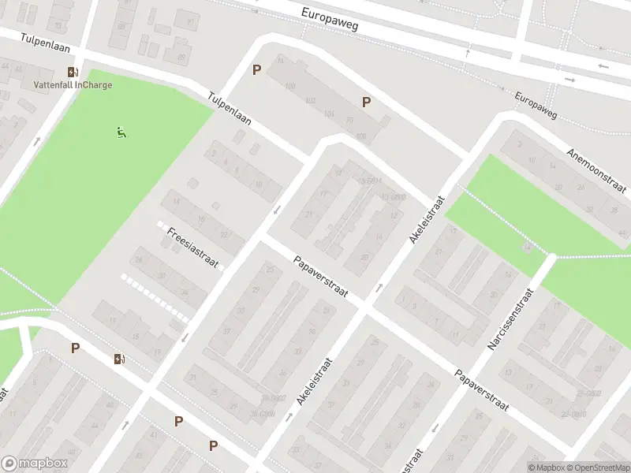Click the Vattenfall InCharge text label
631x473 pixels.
pyautogui.click(x=73, y=85)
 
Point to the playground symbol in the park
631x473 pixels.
pyautogui.click(x=121, y=133)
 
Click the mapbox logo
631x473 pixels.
pyautogui.click(x=35, y=464)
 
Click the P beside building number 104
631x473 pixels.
pyautogui.click(x=366, y=102)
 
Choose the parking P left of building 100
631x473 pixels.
pyautogui.click(x=256, y=70)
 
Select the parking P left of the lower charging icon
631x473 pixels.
pyautogui.click(x=75, y=348)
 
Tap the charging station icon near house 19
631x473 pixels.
pyautogui.click(x=119, y=359)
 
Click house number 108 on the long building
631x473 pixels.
pyautogui.click(x=361, y=137)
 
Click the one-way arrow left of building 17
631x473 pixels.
pyautogui.click(x=277, y=210)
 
